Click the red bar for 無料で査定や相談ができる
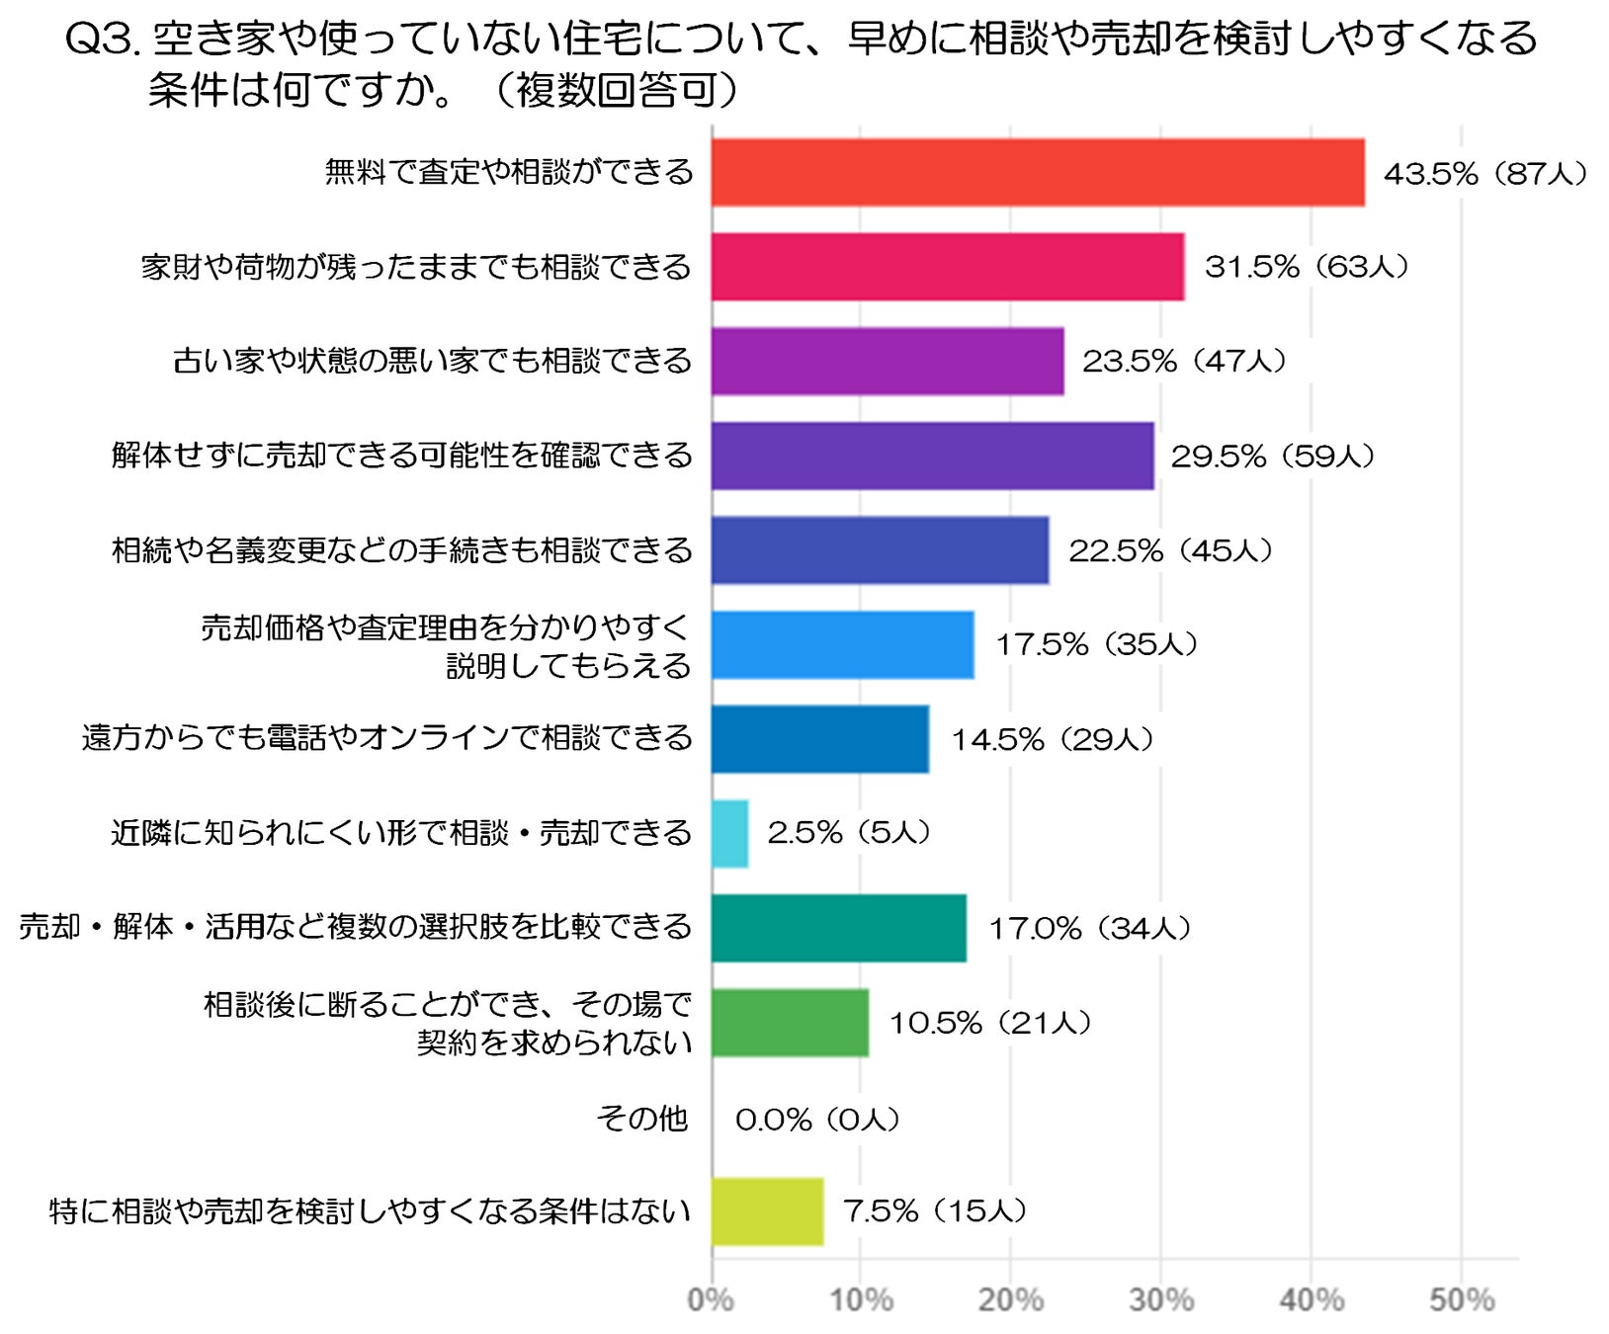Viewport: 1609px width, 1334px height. point(1038,173)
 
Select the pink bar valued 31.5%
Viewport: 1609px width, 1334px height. point(948,267)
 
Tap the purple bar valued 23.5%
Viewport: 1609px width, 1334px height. point(888,362)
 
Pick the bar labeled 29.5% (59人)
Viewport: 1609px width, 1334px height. point(933,456)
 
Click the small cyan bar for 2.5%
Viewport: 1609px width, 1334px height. point(730,834)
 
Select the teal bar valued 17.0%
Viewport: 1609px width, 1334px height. point(839,928)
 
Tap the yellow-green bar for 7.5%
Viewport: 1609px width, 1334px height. point(768,1211)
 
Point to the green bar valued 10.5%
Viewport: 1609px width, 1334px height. point(791,1023)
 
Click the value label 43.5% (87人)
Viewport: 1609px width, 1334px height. point(1484,174)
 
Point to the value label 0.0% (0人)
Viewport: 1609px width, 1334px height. point(817,1120)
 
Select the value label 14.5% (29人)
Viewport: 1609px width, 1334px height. point(1053,739)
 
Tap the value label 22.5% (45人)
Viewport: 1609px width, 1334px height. point(1170,550)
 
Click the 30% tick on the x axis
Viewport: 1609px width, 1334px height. point(1161,1299)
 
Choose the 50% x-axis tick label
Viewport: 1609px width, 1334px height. point(1462,1299)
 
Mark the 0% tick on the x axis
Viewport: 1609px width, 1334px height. point(711,1299)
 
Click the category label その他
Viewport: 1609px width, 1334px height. point(642,1119)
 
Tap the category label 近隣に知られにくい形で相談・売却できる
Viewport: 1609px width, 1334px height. point(401,833)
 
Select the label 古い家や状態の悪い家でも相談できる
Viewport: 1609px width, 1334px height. point(432,361)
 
